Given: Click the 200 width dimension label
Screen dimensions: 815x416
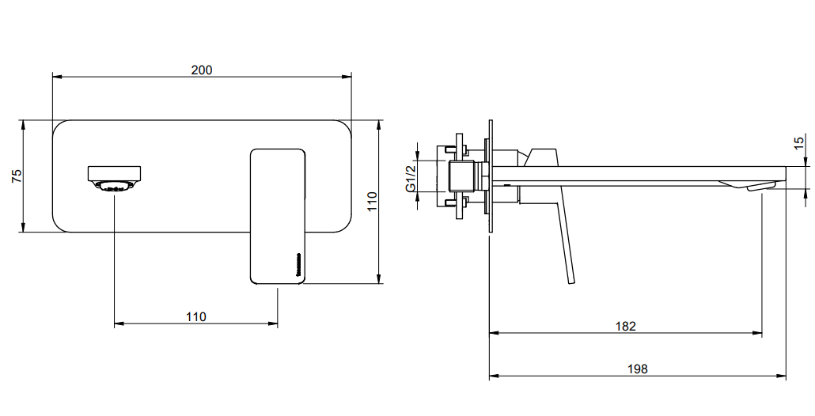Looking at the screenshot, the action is coord(202,70).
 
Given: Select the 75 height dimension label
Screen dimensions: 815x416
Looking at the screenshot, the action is coord(17,176).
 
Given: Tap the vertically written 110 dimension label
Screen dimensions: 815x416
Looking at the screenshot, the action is coord(372,202).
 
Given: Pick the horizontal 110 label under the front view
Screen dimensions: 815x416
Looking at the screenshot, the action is coord(196,316).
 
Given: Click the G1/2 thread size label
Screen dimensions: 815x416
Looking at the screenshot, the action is coord(411,176).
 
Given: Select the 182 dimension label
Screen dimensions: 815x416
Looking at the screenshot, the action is coord(625,326).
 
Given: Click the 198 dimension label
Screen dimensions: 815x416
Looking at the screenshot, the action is coord(638,369).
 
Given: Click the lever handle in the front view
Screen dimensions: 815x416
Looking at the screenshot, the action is coord(278,216).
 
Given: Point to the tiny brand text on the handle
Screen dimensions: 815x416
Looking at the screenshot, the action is coord(298,266).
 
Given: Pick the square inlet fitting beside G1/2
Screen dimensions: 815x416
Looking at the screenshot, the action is coord(461,176).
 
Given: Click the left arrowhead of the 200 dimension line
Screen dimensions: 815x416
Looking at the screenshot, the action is coord(57,77).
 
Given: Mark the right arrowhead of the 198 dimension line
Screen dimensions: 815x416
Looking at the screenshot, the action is coord(781,376).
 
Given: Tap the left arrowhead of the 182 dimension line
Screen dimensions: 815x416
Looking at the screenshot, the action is coord(495,333).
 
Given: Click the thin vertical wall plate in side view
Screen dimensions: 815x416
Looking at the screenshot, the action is coord(490,176).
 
